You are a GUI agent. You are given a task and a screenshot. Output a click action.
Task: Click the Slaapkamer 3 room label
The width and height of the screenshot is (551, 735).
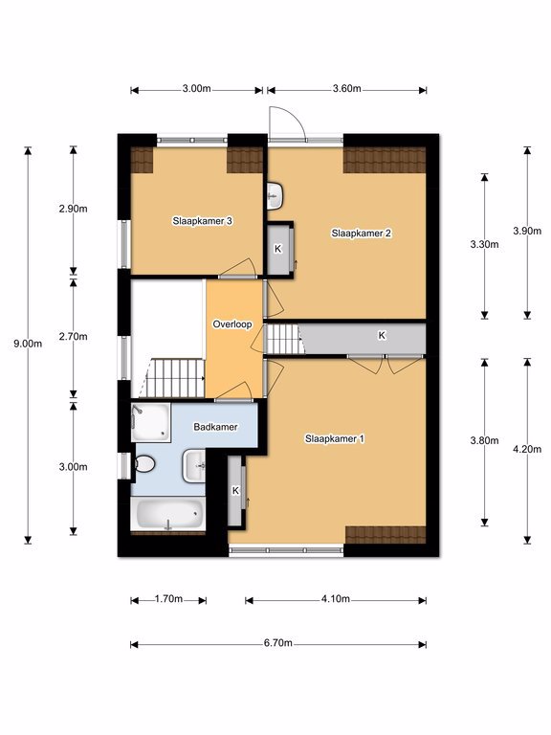coord(203,221)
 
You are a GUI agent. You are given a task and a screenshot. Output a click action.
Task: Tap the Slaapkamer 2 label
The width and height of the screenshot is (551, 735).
coord(362,233)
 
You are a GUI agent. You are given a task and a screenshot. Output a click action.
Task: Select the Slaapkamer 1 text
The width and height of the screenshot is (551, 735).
coord(335,438)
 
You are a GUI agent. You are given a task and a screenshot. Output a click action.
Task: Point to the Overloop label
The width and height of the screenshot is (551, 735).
coord(232,323)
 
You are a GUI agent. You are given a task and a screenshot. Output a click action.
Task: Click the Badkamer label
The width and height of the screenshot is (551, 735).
coord(215,427)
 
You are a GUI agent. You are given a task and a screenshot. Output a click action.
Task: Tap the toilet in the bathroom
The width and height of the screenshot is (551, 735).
coord(144,464)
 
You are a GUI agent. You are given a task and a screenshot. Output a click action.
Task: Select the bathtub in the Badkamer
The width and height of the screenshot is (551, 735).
coord(168,514)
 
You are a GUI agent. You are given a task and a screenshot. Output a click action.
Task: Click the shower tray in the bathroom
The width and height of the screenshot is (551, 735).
coord(150,422)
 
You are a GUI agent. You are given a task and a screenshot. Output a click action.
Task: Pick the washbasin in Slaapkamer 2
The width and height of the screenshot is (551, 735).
coord(275,196)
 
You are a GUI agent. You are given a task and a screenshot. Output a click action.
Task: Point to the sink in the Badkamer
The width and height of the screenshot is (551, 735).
coord(194,465)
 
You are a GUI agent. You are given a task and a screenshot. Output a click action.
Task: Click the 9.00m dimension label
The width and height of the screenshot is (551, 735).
coord(28,344)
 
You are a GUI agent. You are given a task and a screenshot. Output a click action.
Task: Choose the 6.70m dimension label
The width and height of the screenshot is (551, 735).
coord(277,643)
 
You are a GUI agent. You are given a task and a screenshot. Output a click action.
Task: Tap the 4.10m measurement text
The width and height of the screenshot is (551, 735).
coord(336,598)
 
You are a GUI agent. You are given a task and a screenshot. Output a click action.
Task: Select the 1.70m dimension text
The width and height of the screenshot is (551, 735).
coord(168,598)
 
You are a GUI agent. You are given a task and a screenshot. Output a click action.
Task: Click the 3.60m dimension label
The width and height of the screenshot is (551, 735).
coord(346,88)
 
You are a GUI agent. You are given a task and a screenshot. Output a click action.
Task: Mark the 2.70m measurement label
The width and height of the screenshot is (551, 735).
coord(73,336)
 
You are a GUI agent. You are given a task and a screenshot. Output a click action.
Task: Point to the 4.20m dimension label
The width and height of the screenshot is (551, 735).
coord(527,449)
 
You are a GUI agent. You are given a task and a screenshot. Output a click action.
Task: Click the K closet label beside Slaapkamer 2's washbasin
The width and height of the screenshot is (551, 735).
coord(277,249)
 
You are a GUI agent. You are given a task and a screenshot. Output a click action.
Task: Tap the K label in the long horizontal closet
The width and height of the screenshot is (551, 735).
coord(382,335)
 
